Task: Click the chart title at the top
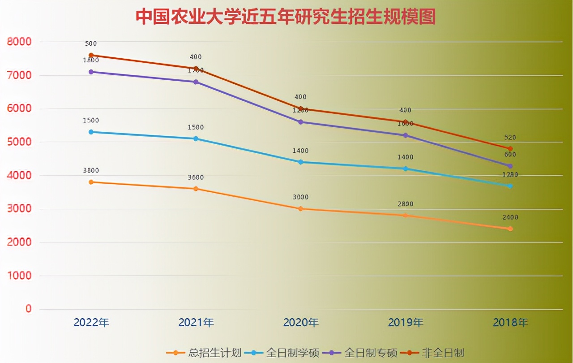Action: [x=286, y=17]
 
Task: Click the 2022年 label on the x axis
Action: [x=91, y=322]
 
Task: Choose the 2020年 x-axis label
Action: [x=301, y=322]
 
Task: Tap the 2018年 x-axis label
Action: [x=510, y=322]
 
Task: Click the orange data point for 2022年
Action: [x=91, y=182]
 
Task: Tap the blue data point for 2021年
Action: [x=196, y=138]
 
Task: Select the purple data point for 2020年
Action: [x=301, y=122]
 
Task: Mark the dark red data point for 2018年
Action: [x=510, y=148]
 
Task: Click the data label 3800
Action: [x=91, y=170]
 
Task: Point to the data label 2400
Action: [x=510, y=217]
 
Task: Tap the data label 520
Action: [x=510, y=138]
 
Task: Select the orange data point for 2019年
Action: [x=406, y=216]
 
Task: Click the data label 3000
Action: [x=301, y=197]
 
